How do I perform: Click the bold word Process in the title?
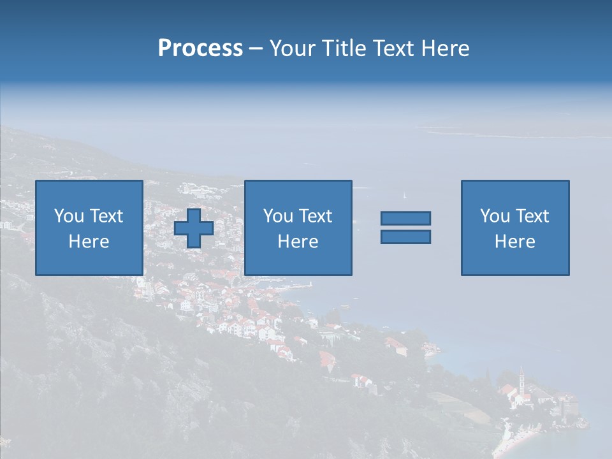200,48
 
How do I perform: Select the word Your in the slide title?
292,48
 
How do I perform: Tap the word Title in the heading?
344,48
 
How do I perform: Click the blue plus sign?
194,228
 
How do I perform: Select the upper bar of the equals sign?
405,218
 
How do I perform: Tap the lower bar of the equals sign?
405,237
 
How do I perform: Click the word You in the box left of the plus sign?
68,216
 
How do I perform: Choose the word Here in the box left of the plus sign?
89,242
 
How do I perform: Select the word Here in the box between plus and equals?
298,242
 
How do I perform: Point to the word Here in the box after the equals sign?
515,242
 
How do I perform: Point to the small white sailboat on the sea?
404,194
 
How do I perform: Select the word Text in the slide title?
392,48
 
